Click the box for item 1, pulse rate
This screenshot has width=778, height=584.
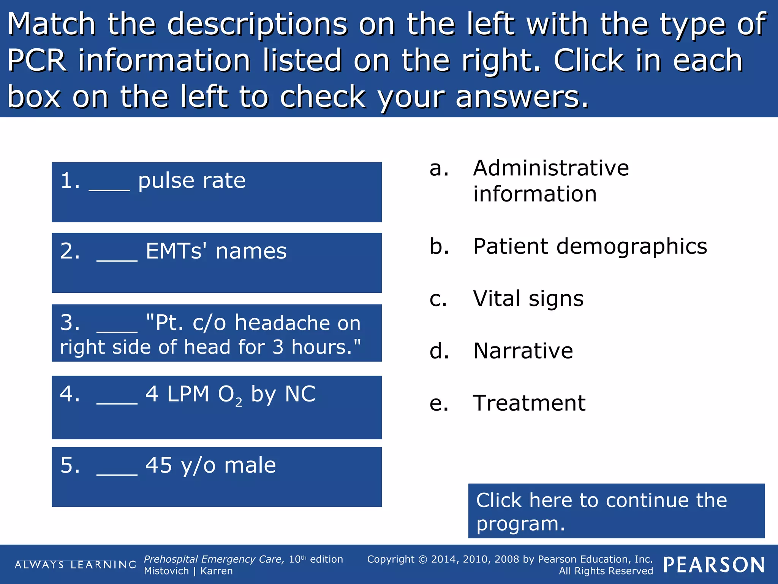(217, 192)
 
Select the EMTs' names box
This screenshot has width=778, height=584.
(217, 263)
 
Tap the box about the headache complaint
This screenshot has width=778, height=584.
(217, 333)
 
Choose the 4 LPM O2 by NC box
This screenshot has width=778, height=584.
(217, 407)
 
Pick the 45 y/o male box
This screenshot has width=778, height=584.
(217, 477)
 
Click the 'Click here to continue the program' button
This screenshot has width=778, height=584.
(616, 511)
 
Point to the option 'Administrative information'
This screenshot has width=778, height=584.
(551, 181)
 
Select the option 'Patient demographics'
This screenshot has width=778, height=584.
(590, 246)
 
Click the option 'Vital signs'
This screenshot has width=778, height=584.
(528, 298)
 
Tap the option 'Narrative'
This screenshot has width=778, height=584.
(523, 351)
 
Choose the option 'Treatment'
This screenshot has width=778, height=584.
(529, 403)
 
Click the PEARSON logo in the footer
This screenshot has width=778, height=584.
(714, 565)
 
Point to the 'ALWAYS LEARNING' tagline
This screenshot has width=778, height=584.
(75, 565)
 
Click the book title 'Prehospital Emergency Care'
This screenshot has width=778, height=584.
(213, 559)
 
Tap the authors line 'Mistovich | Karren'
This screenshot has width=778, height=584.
(188, 571)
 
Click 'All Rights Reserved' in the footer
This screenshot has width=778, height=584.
(606, 571)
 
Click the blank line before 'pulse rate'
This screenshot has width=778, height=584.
(109, 189)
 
